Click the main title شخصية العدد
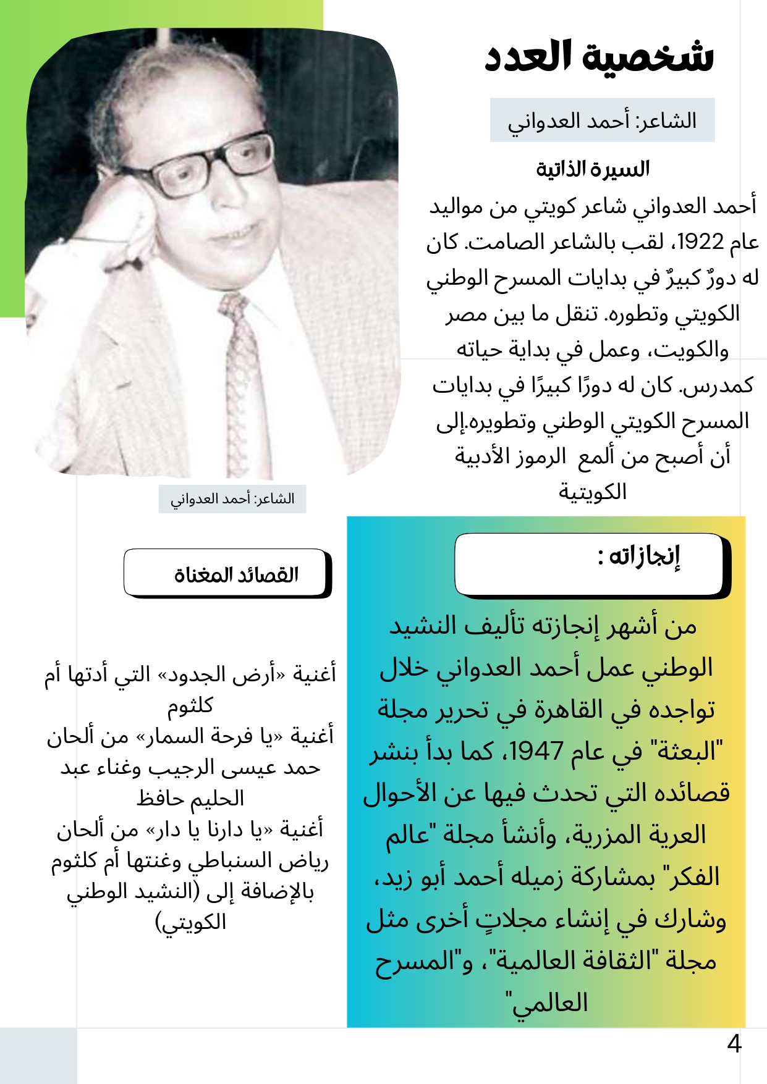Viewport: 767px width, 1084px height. (598, 57)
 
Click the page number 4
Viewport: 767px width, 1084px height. (734, 1044)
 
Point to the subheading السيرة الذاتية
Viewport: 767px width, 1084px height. (592, 169)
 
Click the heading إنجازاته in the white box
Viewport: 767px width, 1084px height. (644, 556)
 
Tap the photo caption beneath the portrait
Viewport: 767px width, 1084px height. (232, 498)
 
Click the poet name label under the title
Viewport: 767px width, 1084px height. (602, 120)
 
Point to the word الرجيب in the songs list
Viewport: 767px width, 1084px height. (198, 768)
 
